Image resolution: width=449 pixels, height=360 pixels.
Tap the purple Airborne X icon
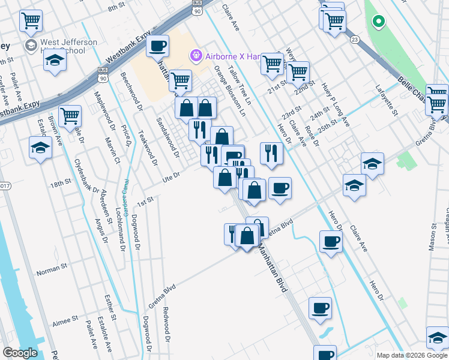pos(195,56)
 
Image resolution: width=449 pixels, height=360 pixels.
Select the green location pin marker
pos(378,23)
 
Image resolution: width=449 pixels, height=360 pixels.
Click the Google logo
pos(20,353)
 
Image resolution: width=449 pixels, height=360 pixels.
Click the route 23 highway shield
pos(355,39)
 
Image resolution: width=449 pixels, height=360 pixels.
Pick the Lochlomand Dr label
pos(119,212)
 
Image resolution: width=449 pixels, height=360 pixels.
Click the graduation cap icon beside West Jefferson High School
pos(55,61)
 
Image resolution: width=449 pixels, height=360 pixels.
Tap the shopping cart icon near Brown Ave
pos(70,115)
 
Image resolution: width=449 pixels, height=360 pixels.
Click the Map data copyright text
pos(412,355)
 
